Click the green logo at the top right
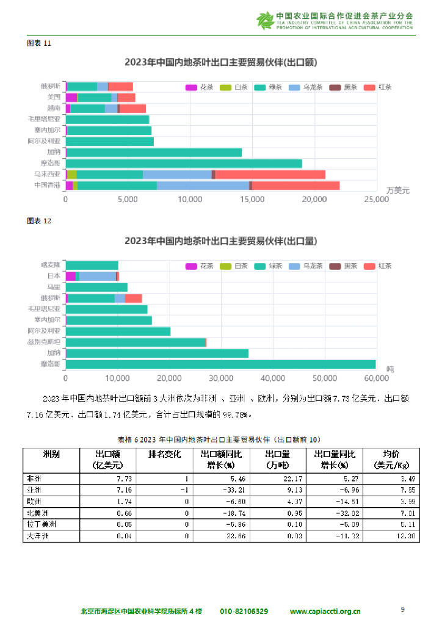(x=266, y=20)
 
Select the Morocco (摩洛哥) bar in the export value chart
(x=183, y=164)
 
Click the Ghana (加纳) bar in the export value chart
(x=153, y=153)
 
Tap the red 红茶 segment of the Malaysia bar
(x=270, y=175)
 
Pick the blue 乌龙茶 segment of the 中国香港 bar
(x=203, y=186)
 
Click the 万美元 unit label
(x=398, y=190)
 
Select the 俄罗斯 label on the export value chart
(x=50, y=86)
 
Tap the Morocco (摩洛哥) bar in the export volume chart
(x=220, y=364)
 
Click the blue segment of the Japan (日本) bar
(x=97, y=276)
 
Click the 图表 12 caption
(x=39, y=221)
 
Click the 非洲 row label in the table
(x=34, y=479)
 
